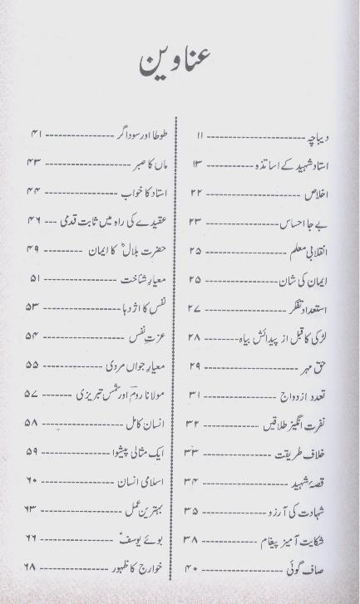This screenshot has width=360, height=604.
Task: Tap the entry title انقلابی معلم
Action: click(x=307, y=250)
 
